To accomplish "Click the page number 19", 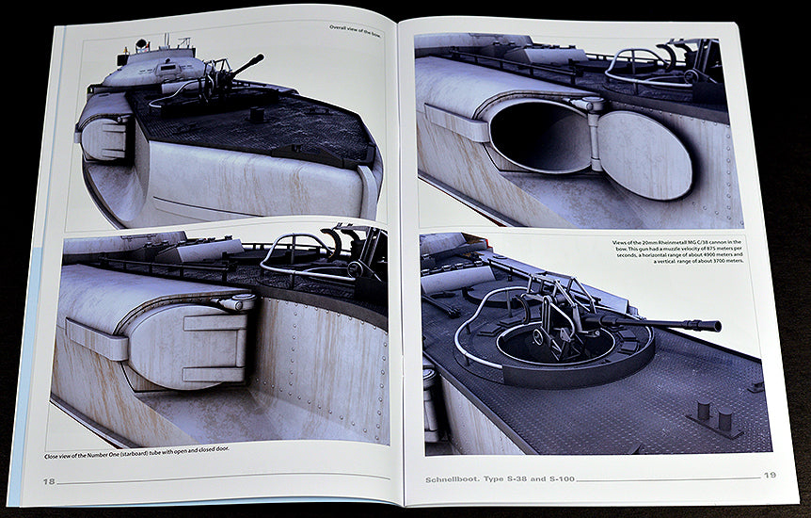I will click(769, 476).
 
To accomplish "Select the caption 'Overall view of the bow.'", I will click(356, 28).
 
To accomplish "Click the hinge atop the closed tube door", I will click(235, 302).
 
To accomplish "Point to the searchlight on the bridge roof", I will click(140, 44).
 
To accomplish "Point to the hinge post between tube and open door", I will click(593, 137).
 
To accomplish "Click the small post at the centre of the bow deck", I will click(255, 113).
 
